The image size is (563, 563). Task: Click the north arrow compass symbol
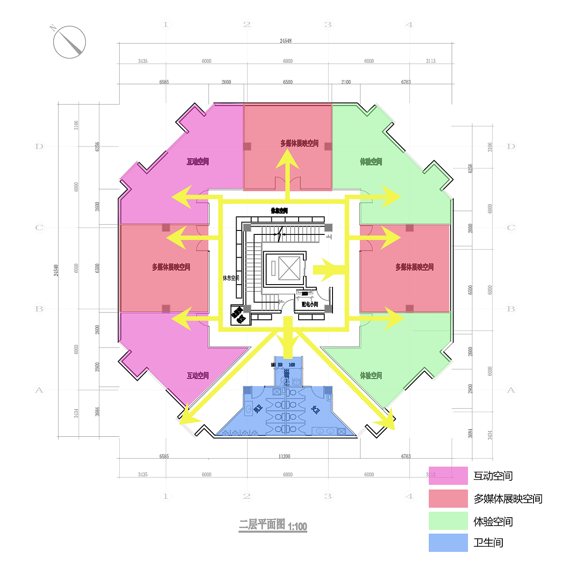click(69, 42)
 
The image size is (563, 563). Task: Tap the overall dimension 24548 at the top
click(285, 41)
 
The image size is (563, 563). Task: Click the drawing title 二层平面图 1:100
click(273, 525)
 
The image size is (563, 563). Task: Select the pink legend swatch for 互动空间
click(448, 476)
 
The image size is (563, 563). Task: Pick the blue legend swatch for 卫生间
click(448, 543)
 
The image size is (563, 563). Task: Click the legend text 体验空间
click(493, 522)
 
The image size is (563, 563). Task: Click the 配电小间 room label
click(310, 304)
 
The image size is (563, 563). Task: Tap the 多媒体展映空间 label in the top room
click(299, 143)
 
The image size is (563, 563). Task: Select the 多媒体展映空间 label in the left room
click(171, 267)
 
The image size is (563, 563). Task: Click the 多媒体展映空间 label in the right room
click(414, 267)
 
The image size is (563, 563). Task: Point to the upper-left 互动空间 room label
click(197, 162)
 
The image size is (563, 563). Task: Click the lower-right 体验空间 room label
click(371, 376)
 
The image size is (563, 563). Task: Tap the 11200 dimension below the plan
click(285, 457)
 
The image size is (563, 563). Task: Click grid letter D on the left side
click(40, 146)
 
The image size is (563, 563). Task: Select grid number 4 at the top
click(409, 25)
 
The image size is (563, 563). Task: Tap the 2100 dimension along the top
click(346, 82)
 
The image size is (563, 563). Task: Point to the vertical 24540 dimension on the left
click(56, 270)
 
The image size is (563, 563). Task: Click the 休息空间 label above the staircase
click(279, 211)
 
